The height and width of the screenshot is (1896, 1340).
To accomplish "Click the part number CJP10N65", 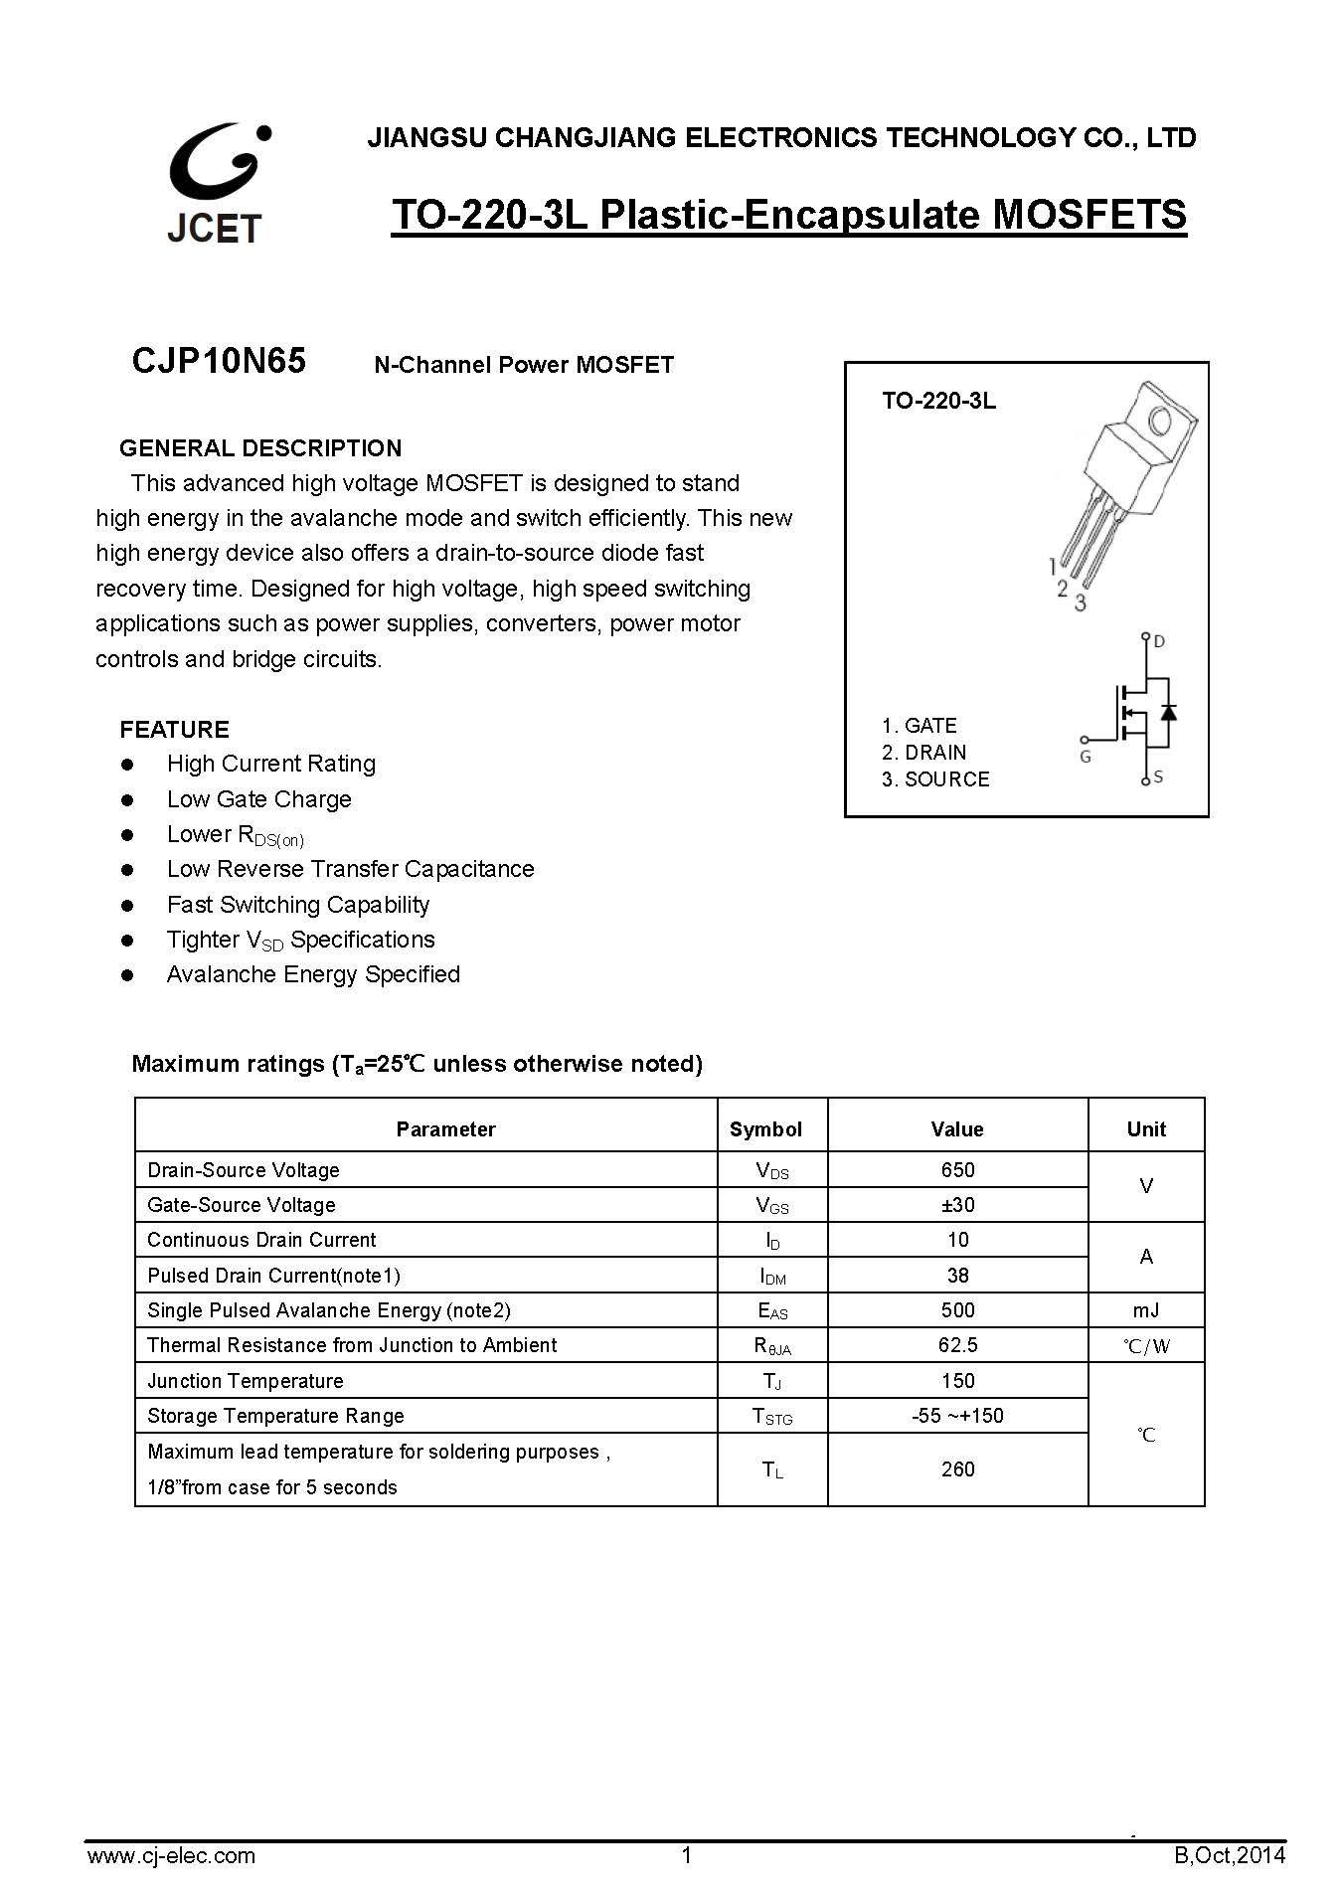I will (x=219, y=361).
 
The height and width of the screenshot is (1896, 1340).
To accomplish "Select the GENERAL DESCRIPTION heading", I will (x=260, y=448).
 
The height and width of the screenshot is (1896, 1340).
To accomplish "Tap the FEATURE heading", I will (x=174, y=730).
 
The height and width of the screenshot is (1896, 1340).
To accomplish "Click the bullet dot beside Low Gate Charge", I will (x=127, y=799).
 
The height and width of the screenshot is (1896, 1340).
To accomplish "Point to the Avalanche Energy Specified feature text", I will (x=313, y=974).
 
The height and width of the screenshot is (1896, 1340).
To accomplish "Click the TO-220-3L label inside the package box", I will (x=938, y=402).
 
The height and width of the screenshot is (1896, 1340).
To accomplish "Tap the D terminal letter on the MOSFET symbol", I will (x=1159, y=642).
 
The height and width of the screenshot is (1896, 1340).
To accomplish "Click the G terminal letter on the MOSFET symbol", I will (x=1086, y=757).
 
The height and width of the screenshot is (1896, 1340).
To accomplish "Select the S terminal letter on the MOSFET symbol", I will (x=1159, y=777).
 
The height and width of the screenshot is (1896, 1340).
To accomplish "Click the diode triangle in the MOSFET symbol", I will (x=1169, y=712).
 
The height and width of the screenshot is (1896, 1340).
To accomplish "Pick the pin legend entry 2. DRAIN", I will (x=923, y=753).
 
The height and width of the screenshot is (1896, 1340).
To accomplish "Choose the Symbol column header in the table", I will (x=765, y=1129).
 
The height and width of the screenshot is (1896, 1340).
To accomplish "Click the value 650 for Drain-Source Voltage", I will (x=958, y=1170).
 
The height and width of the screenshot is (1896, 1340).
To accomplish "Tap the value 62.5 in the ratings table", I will (x=958, y=1345).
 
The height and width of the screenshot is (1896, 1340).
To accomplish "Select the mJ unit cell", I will (x=1146, y=1310).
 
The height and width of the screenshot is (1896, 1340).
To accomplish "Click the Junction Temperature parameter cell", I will (x=246, y=1381).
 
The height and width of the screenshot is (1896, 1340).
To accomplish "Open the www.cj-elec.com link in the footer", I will (x=171, y=1855).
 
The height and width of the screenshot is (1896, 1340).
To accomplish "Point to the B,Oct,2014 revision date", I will (x=1230, y=1855).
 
